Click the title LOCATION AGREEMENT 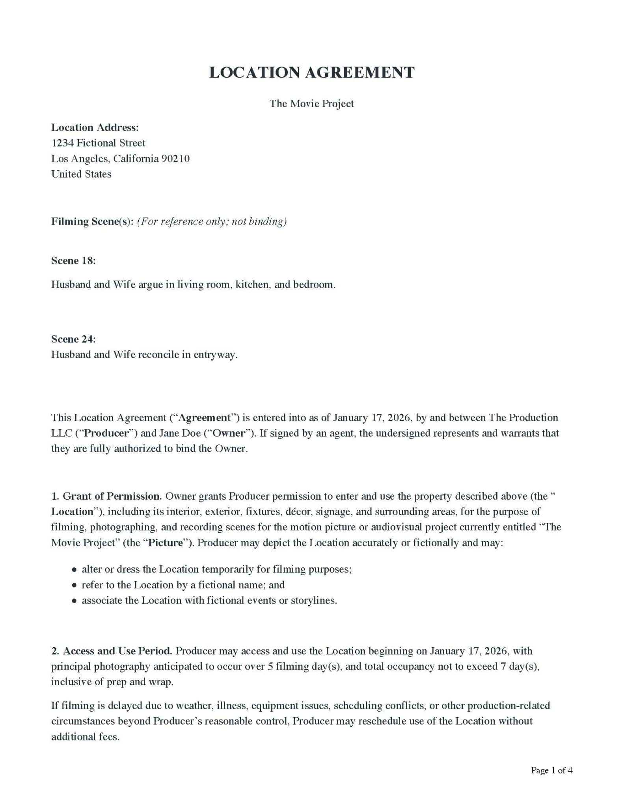pos(311,73)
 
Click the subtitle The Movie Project pos(311,104)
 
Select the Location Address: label pos(95,127)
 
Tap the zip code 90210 pos(176,158)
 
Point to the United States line pos(81,174)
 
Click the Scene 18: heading pos(73,260)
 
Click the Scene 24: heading pos(73,339)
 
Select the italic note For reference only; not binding pos(212,221)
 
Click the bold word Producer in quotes pos(107,433)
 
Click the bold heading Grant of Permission pos(112,496)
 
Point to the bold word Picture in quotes pos(166,543)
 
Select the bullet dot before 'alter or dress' pos(74,570)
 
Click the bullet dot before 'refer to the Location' pos(74,586)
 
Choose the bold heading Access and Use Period pos(117,651)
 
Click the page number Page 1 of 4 pos(551,770)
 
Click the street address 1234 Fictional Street pos(98,143)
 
